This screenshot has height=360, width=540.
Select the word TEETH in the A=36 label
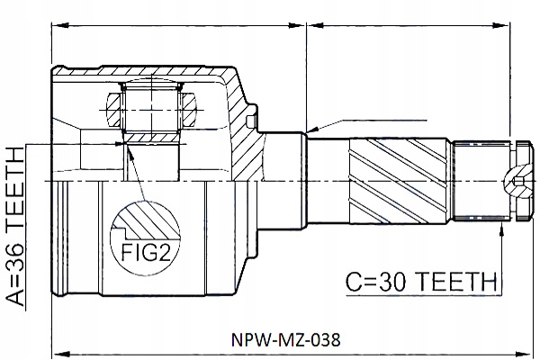(x=20, y=185)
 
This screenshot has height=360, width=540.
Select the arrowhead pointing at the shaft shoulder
(x=310, y=132)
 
